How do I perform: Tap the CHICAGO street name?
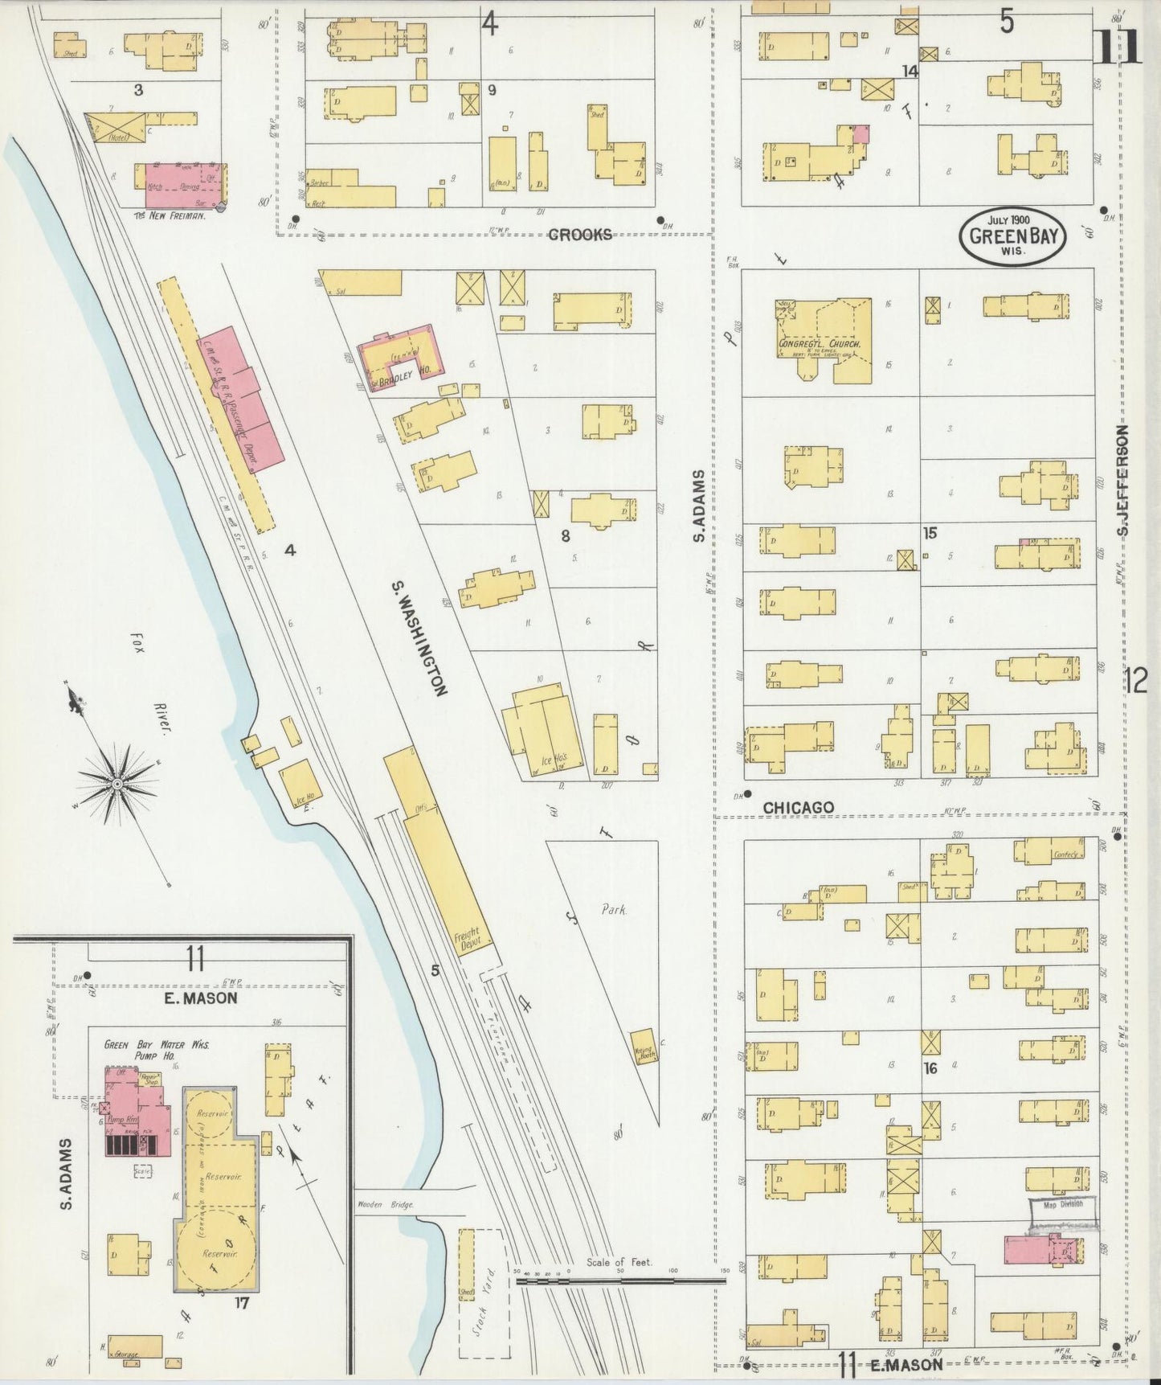(x=798, y=807)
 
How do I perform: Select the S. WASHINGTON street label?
(x=419, y=637)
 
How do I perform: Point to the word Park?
(x=614, y=910)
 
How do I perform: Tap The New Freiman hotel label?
(x=170, y=215)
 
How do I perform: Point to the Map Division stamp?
(x=1063, y=1203)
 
